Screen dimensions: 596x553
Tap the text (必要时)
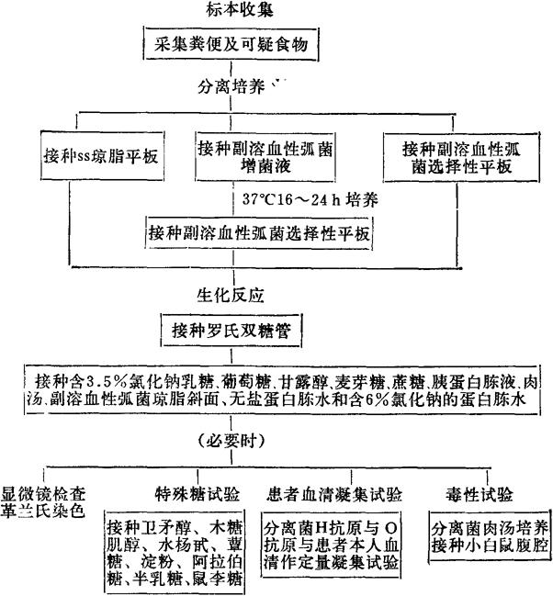tap(220, 436)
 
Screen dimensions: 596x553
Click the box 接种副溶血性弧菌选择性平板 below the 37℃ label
tap(260, 233)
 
